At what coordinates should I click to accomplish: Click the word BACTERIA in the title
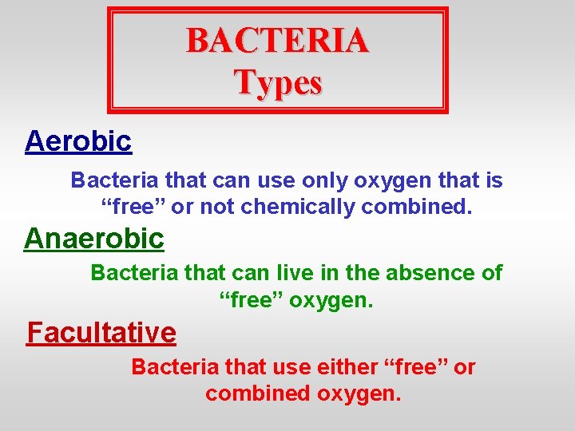pyautogui.click(x=277, y=41)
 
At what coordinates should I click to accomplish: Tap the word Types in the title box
pyautogui.click(x=278, y=82)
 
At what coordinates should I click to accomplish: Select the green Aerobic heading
pyautogui.click(x=78, y=141)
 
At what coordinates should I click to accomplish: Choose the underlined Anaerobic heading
pyautogui.click(x=94, y=238)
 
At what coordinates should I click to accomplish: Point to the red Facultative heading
pyautogui.click(x=101, y=331)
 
